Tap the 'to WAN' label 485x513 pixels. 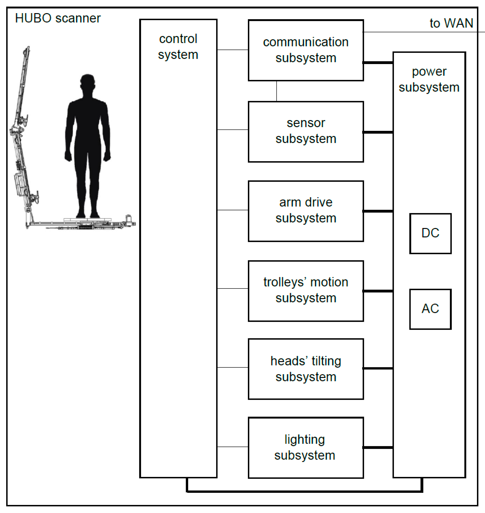[x=451, y=23]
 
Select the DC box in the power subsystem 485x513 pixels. [x=430, y=233]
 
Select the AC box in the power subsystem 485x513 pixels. [x=430, y=309]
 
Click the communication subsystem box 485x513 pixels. [x=306, y=50]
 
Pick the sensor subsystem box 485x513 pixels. [x=306, y=132]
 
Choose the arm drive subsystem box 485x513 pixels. [x=306, y=211]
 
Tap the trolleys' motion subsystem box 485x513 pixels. [x=306, y=291]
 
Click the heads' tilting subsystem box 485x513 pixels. [x=306, y=369]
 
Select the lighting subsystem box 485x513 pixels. [x=306, y=448]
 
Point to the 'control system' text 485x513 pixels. [x=178, y=47]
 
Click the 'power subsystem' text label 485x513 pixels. [x=429, y=79]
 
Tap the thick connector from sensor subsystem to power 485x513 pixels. [x=378, y=132]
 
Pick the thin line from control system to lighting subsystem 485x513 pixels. [x=232, y=447]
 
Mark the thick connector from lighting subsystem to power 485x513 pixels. [x=378, y=447]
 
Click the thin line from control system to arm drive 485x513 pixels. [x=232, y=210]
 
